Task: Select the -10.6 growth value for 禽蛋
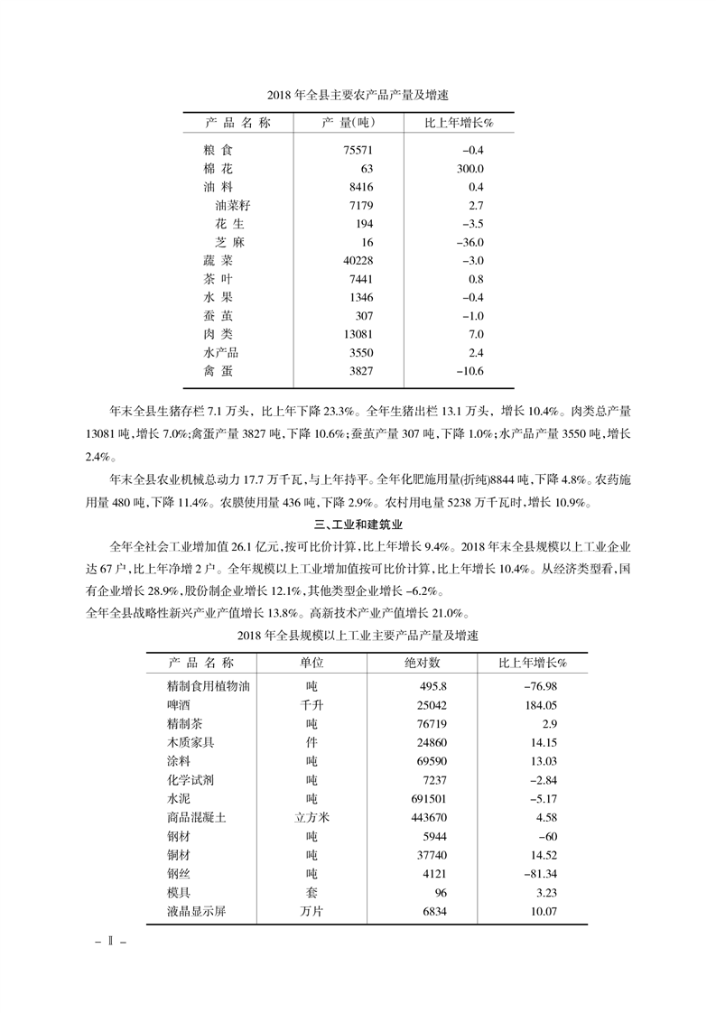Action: pyautogui.click(x=470, y=371)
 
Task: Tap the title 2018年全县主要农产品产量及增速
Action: pyautogui.click(x=358, y=94)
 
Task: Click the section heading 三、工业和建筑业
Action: pyautogui.click(x=358, y=524)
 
